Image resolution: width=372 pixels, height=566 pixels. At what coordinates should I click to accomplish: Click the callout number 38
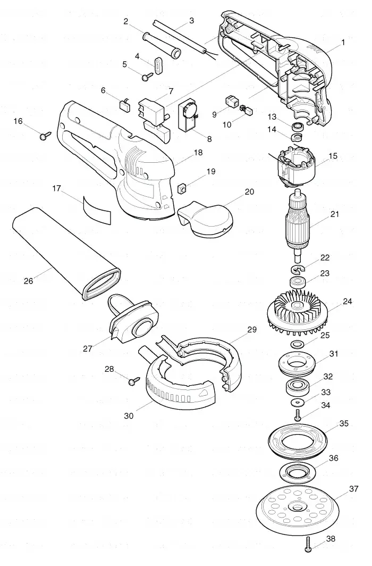[330, 538]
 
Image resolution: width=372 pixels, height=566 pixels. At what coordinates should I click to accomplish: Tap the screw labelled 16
[45, 136]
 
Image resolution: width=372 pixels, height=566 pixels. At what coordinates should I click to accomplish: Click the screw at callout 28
[134, 381]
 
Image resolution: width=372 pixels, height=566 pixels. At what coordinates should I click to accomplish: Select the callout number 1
[343, 43]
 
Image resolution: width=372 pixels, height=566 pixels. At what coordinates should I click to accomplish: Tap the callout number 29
[251, 329]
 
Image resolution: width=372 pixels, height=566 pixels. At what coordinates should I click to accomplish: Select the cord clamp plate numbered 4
[158, 64]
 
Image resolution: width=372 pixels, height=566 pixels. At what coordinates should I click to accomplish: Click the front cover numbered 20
[205, 219]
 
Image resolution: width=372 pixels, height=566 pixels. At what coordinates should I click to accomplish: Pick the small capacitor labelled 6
[125, 104]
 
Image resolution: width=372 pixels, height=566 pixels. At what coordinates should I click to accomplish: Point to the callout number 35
[344, 423]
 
